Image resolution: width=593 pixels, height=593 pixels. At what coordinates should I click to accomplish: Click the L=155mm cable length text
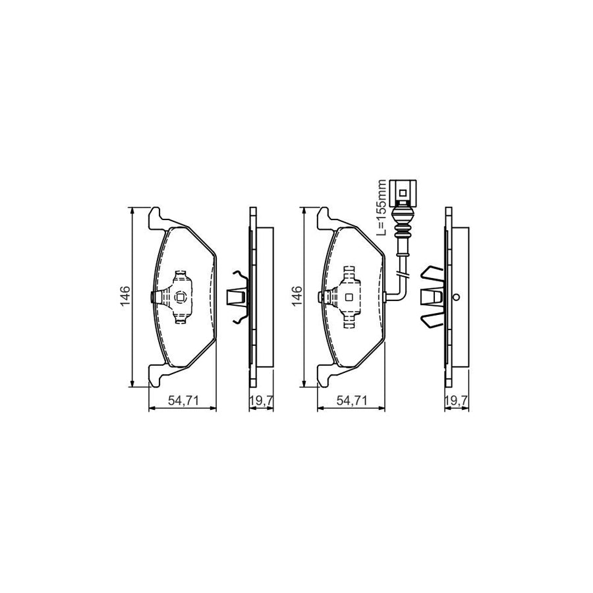point(380,208)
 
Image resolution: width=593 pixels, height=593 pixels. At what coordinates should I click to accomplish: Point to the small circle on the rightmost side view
point(456,298)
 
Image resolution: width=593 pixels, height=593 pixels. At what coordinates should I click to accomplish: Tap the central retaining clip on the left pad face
point(177,298)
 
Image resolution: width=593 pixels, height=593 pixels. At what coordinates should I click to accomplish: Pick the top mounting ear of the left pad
point(155,215)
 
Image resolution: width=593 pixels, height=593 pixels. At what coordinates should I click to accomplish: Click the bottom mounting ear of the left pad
point(155,380)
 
